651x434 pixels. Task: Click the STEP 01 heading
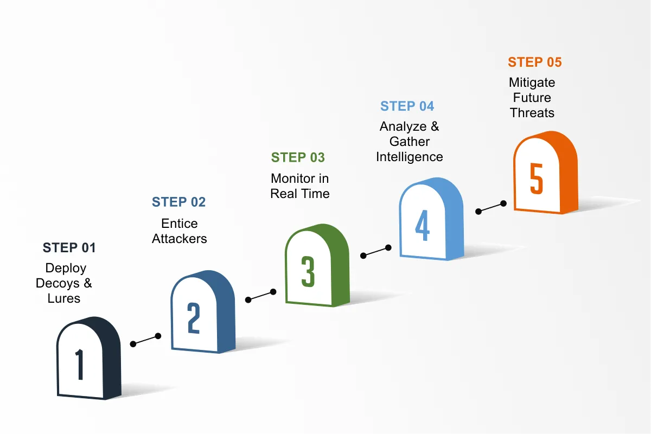69,248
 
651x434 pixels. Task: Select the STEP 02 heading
178,202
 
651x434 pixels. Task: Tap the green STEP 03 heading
298,158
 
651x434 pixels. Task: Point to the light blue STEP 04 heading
407,106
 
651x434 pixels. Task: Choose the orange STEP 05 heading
534,62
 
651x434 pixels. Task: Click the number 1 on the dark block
80,365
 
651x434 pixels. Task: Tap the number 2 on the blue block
194,318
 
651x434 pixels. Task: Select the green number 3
308,272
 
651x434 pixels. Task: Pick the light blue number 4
422,225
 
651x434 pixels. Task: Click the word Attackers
179,239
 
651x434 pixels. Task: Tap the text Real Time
300,194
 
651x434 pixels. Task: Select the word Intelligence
409,157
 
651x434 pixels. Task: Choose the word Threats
532,113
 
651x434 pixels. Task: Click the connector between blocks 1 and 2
145,340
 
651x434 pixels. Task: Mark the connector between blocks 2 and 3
260,296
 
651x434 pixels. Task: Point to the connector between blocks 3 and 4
375,251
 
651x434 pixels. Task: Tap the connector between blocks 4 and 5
490,207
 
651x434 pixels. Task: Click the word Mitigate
532,83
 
